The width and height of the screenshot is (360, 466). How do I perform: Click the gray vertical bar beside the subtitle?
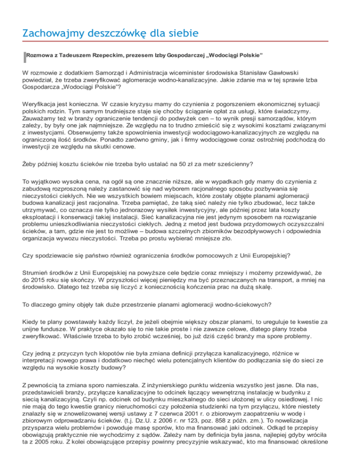(x=24, y=56)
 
